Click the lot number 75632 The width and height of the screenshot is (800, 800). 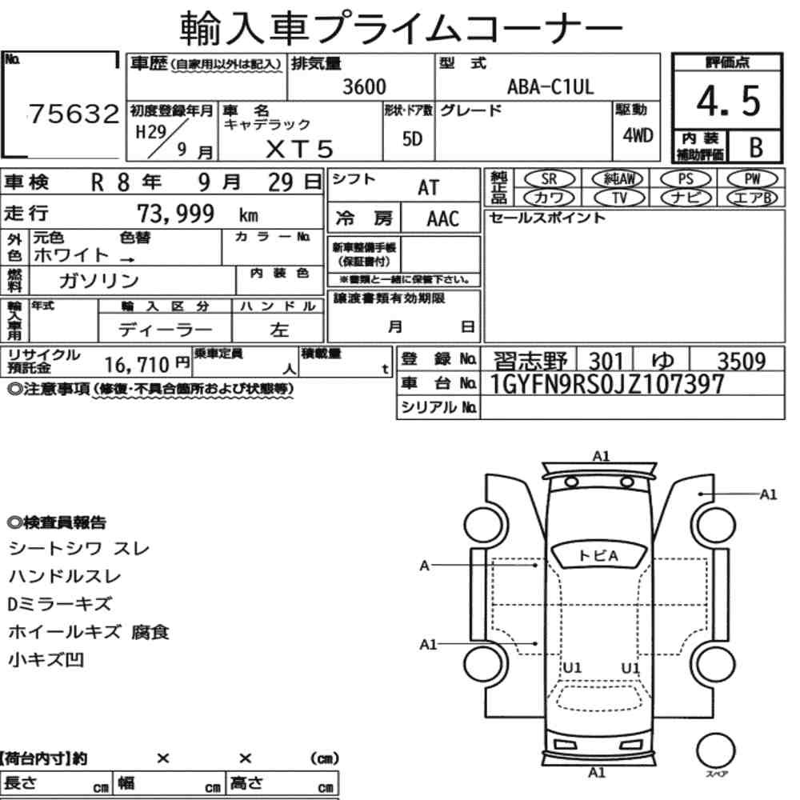coord(74,114)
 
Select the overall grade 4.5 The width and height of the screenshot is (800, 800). coord(728,101)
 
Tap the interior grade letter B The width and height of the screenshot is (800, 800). coord(756,147)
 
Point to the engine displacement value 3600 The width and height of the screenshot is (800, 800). coord(364,86)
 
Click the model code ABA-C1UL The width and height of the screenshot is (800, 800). coord(550,86)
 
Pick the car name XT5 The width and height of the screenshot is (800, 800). coord(299,149)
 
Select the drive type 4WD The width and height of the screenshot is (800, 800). coord(638,135)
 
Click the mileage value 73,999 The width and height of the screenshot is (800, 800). coord(175,214)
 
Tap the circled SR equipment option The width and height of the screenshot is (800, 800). coord(549,179)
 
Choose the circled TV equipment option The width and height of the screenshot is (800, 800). coord(619,198)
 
